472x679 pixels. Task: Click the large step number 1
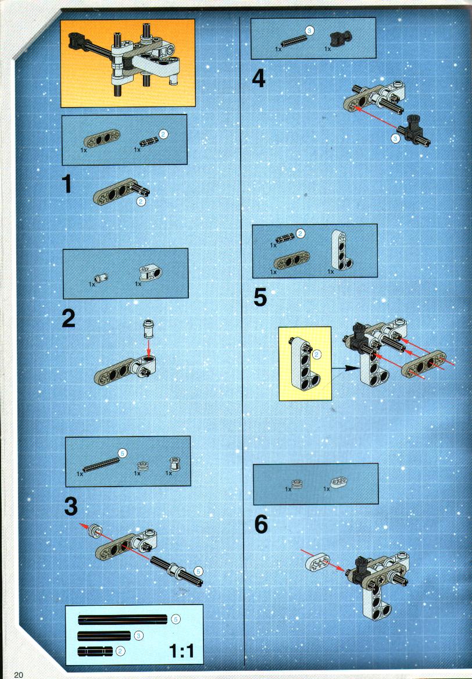coord(67,184)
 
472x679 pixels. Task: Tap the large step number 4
coord(259,78)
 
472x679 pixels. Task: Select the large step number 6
coord(260,524)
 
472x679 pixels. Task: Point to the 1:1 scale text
coord(181,651)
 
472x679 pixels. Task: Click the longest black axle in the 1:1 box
coord(123,620)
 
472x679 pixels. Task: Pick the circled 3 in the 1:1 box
coord(138,636)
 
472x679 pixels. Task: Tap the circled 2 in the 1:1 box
coord(121,651)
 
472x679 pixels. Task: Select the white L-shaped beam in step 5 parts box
coord(341,251)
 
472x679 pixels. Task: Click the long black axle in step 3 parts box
coord(102,464)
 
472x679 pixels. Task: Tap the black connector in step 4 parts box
coord(341,39)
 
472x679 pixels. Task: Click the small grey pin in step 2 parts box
coord(101,277)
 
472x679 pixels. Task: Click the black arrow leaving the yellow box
coord(345,369)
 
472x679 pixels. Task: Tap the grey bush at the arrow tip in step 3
coord(95,531)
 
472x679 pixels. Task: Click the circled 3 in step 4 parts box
coord(309,30)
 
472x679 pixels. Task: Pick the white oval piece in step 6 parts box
coord(339,481)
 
